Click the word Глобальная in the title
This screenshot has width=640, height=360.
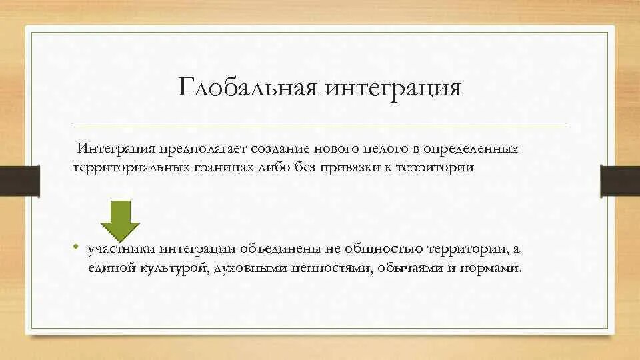247,88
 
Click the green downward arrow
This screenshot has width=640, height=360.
120,221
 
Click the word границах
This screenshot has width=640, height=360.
213,167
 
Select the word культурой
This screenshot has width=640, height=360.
173,269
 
